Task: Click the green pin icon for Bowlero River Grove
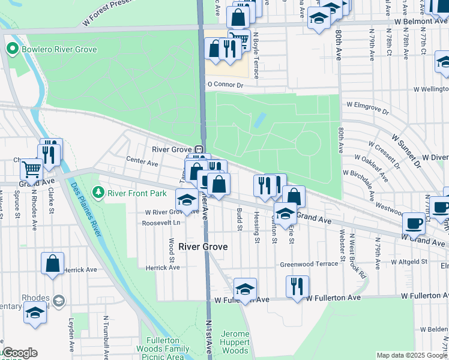tap(11, 49)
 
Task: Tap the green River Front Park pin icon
tap(99, 193)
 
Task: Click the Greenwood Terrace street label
tap(309, 264)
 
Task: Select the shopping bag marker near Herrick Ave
tap(53, 263)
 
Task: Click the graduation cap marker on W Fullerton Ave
tap(245, 289)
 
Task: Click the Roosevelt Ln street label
tap(160, 223)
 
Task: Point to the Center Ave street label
tap(142, 161)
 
